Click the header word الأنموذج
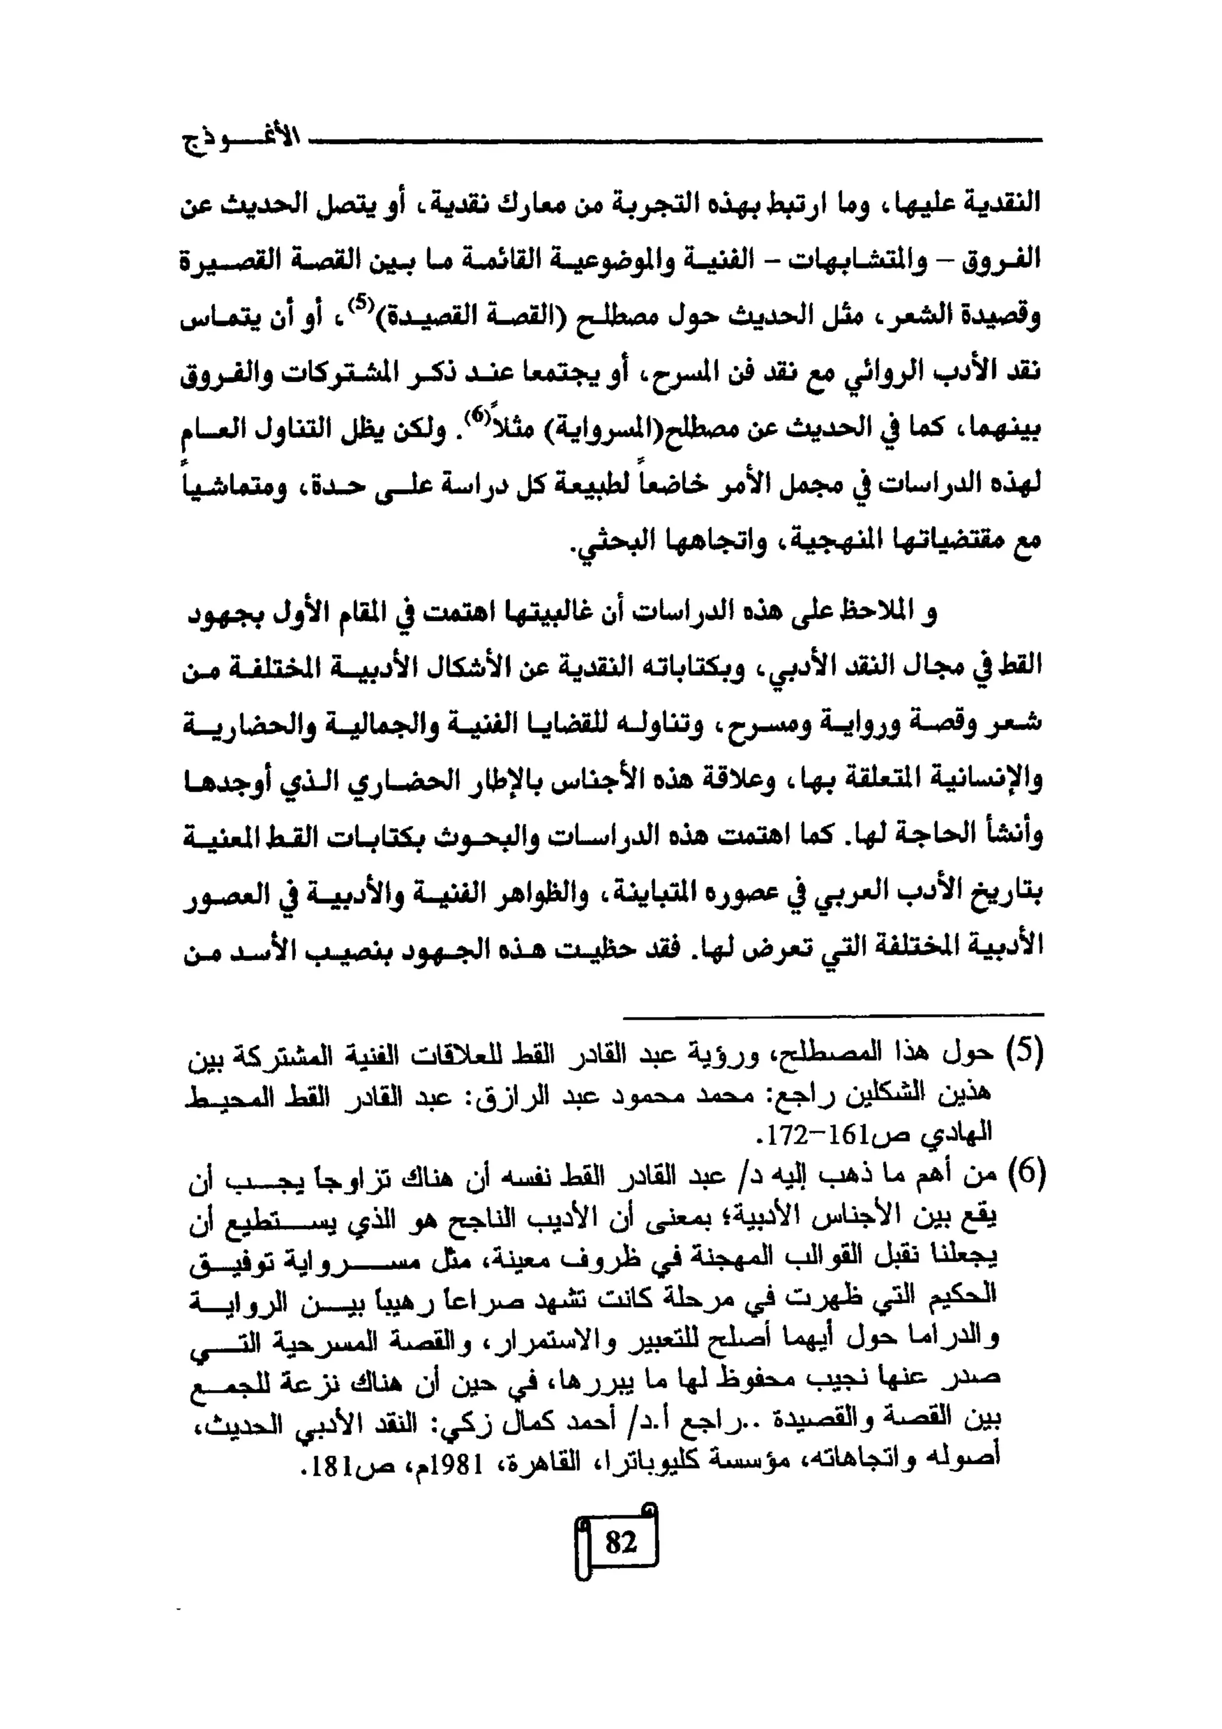click(x=242, y=141)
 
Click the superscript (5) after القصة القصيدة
click(x=362, y=305)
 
